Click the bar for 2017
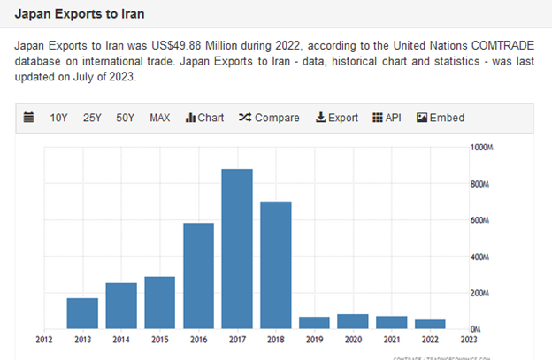[x=237, y=249]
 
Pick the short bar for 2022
[x=431, y=324]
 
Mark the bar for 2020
[x=353, y=321]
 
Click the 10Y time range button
[x=58, y=118]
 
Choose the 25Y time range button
[x=92, y=118]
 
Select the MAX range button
[x=160, y=118]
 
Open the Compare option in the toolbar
[x=269, y=118]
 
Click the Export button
[x=337, y=118]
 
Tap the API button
[x=387, y=118]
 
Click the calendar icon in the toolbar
[x=28, y=118]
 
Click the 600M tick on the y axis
[x=479, y=221]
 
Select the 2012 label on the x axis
[x=43, y=339]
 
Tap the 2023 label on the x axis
[x=470, y=339]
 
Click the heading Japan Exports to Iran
[x=79, y=16]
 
